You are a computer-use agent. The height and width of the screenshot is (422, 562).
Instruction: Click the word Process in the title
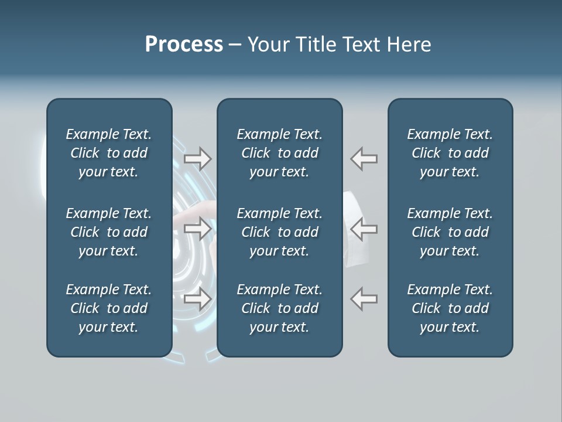184,44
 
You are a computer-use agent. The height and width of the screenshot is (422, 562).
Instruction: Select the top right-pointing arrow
197,159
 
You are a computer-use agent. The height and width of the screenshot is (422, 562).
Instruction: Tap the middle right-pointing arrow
197,229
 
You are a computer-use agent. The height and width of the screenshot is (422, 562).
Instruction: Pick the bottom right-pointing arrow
197,299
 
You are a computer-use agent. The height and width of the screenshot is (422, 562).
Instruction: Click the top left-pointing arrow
364,159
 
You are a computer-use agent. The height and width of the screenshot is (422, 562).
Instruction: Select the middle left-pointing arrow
364,229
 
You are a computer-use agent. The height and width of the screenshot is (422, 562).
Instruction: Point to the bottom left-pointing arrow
364,299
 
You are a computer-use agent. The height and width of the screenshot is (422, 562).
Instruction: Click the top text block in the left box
109,153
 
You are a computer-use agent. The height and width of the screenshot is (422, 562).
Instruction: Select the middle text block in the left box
109,232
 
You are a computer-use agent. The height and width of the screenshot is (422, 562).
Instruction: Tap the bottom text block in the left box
109,308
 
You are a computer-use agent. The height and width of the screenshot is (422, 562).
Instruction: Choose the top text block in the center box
279,153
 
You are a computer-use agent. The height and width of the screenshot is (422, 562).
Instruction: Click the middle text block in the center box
279,232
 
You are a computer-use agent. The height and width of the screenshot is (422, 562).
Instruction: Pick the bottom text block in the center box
279,308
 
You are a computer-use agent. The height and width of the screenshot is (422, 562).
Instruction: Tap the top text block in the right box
450,153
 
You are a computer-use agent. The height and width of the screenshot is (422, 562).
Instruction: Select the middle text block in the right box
450,232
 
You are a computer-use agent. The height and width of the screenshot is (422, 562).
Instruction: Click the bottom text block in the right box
450,308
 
